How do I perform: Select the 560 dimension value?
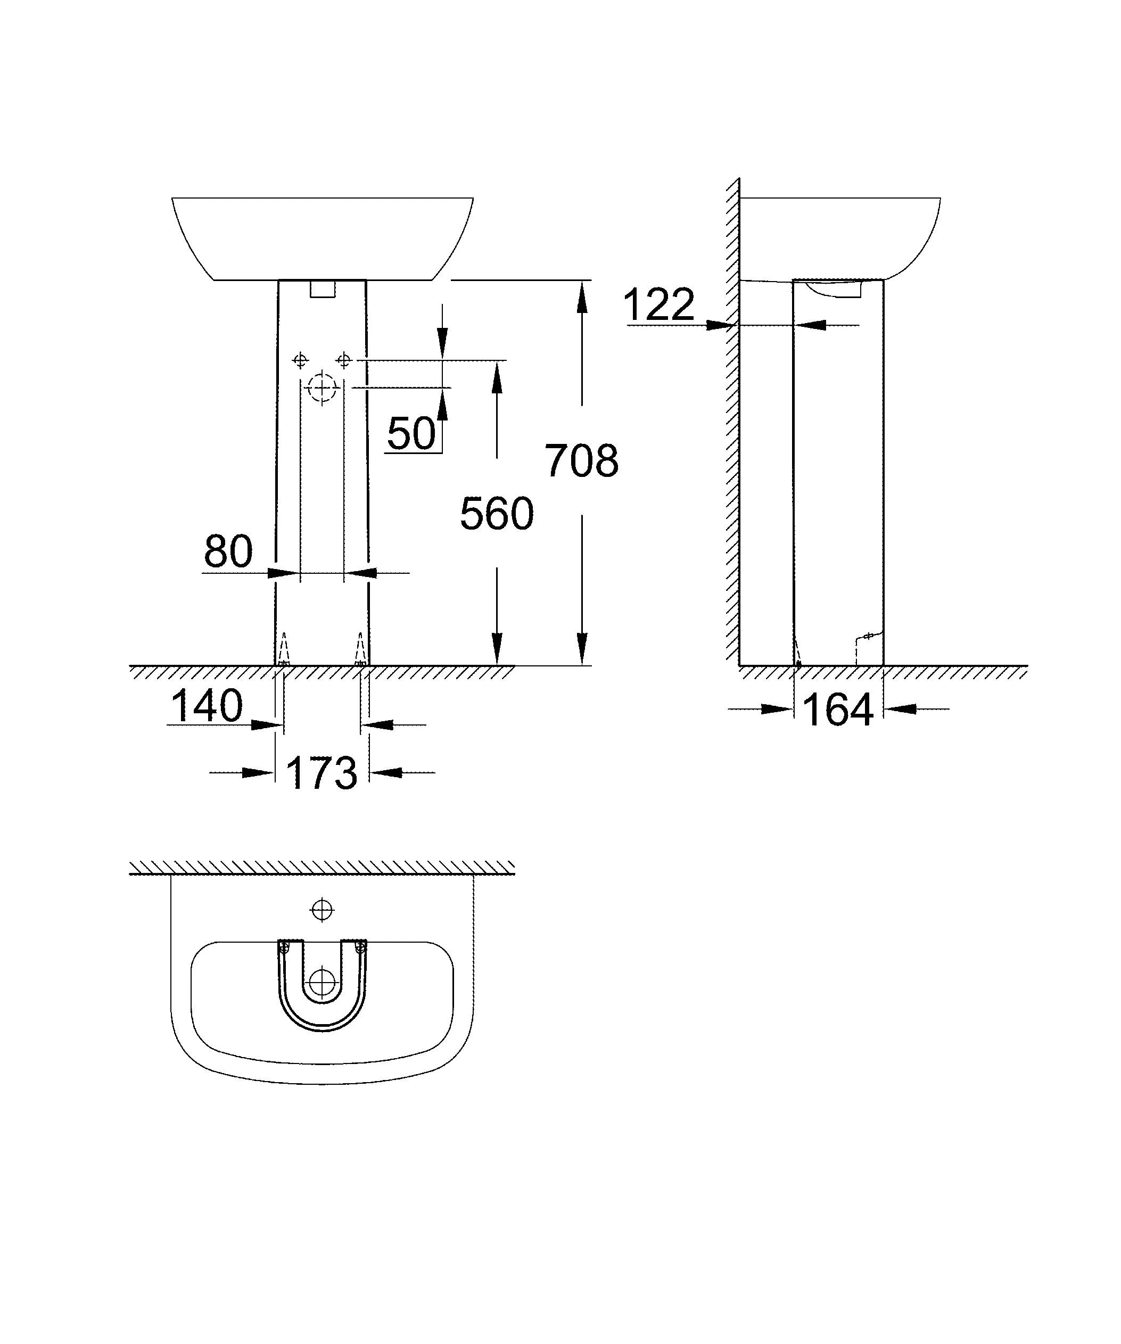click(x=497, y=514)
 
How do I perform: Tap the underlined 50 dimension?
click(x=411, y=434)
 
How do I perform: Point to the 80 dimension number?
click(x=228, y=551)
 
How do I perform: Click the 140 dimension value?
click(x=207, y=706)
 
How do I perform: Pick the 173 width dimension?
click(x=321, y=773)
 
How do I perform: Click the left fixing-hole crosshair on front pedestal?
click(x=300, y=361)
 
